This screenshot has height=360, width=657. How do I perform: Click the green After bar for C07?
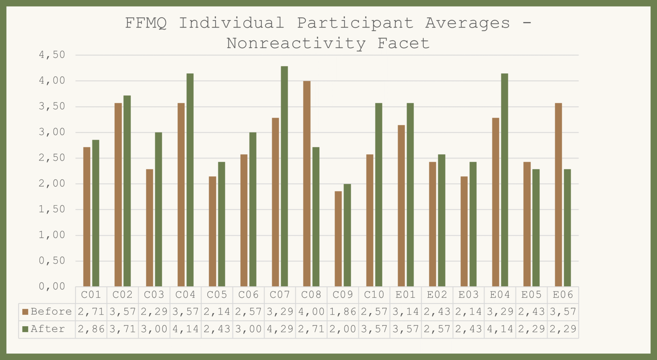coord(284,177)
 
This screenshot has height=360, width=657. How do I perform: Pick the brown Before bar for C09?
coord(338,239)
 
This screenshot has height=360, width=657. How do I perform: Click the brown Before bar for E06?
coord(558,195)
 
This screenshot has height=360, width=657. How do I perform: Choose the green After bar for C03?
coord(158,209)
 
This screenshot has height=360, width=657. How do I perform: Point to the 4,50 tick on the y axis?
coord(52,55)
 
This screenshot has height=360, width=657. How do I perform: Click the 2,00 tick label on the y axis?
coord(52,183)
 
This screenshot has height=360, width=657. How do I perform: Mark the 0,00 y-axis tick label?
coord(52,286)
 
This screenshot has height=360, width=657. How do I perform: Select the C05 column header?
coord(217,295)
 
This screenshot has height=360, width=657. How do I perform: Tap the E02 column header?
coord(437,295)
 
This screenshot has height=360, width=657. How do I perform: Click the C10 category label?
coord(374,295)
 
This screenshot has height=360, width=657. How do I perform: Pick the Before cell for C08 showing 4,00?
coord(311,312)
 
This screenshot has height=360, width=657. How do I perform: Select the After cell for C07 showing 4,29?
coord(280,329)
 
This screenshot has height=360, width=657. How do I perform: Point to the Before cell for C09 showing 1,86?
coord(343,312)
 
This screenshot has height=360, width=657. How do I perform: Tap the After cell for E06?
coord(563,329)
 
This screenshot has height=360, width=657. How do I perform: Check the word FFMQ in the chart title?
coord(146,23)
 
